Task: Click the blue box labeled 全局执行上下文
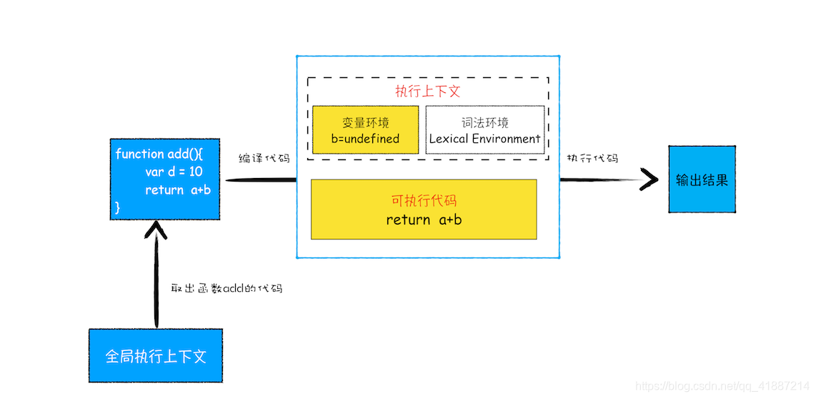[155, 355]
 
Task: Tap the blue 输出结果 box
[702, 179]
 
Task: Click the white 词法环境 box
[484, 129]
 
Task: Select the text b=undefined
[365, 139]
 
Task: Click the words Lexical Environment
[484, 139]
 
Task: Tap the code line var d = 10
[174, 172]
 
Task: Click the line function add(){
[159, 154]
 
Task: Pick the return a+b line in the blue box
[177, 189]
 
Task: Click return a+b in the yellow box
[424, 220]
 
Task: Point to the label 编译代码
[264, 159]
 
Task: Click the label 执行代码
[592, 159]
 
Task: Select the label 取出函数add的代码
[227, 289]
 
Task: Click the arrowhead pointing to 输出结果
[649, 179]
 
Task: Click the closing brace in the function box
[118, 207]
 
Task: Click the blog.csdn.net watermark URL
[724, 386]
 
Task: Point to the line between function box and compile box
[257, 179]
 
